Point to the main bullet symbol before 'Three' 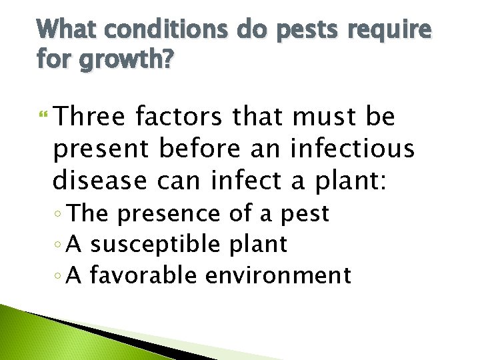click(x=45, y=118)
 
